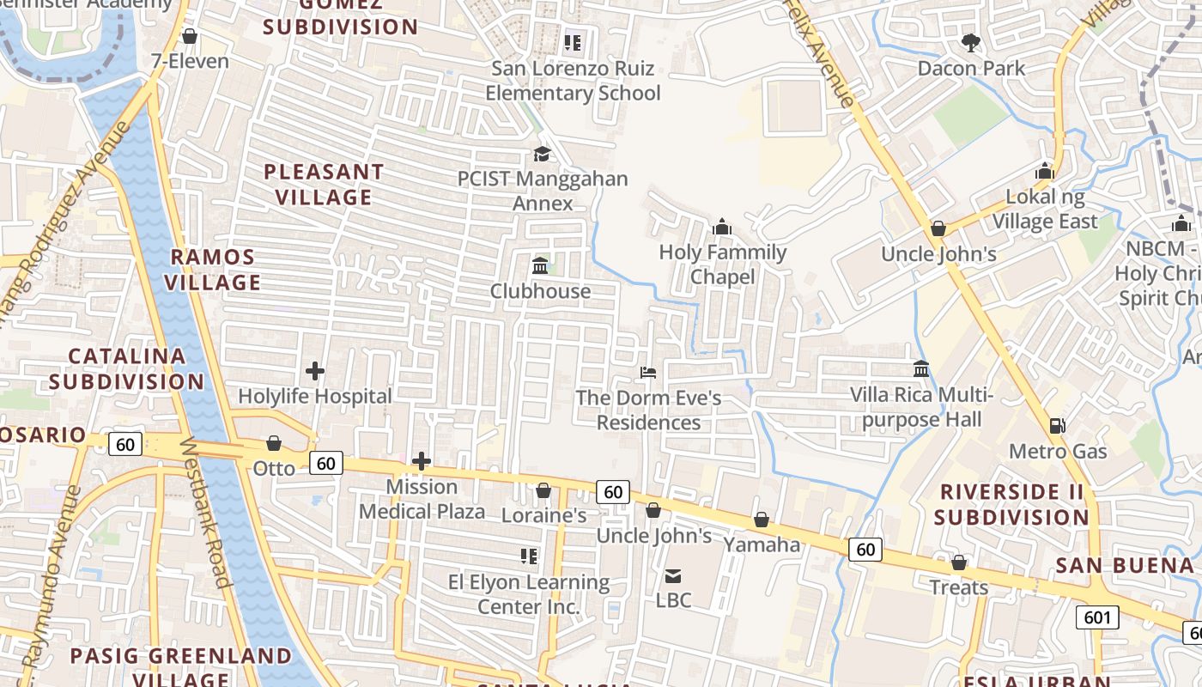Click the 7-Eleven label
coord(190,61)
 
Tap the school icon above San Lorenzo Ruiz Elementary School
coord(573,42)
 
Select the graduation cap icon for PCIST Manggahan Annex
coord(542,154)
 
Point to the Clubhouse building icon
coord(540,265)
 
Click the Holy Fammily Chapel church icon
coord(722,227)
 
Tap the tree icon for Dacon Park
coord(971,42)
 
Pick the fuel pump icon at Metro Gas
coord(1058,425)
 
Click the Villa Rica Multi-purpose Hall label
coord(921,407)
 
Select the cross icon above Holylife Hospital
coord(315,371)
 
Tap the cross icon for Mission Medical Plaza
coord(421,461)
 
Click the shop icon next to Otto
coord(274,443)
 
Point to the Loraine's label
coord(543,515)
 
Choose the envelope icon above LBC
coord(673,575)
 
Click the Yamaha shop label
coord(762,544)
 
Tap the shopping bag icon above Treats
coord(959,562)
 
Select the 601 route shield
coord(1097,617)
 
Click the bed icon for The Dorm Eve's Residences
coord(648,373)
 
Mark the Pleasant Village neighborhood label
coord(324,184)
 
